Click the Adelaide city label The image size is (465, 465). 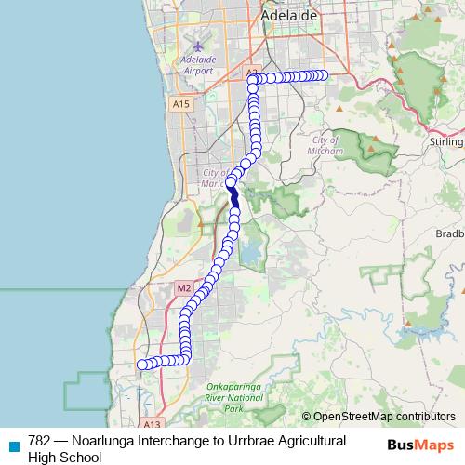tap(289, 16)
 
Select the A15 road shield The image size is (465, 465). tap(181, 105)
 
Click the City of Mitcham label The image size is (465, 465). tap(325, 144)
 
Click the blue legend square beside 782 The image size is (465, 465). tap(13, 443)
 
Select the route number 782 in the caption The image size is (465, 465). tap(40, 440)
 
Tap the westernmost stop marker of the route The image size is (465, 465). tap(141, 365)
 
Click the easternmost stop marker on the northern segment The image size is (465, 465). tap(324, 76)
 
